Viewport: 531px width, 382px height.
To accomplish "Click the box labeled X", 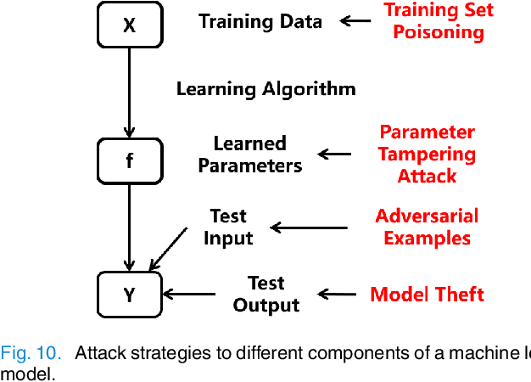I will tap(129, 25).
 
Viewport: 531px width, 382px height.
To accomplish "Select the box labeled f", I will tap(129, 160).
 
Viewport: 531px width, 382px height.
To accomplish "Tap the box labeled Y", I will tap(129, 295).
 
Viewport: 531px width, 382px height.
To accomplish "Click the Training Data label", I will tap(260, 21).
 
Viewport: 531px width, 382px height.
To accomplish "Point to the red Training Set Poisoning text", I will tap(439, 21).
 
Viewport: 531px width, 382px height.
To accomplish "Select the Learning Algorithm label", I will tap(265, 87).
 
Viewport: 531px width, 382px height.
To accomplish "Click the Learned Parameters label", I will tap(250, 154).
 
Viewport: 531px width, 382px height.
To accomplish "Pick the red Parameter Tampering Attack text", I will tap(427, 154).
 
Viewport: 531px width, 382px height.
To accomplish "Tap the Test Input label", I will tap(228, 227).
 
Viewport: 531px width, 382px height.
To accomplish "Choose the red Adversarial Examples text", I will tap(427, 227).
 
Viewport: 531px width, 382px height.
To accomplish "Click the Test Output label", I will tap(266, 294).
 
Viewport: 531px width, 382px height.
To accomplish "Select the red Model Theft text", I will tap(427, 294).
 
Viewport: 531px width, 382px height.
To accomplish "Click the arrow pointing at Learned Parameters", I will tap(334, 154).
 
